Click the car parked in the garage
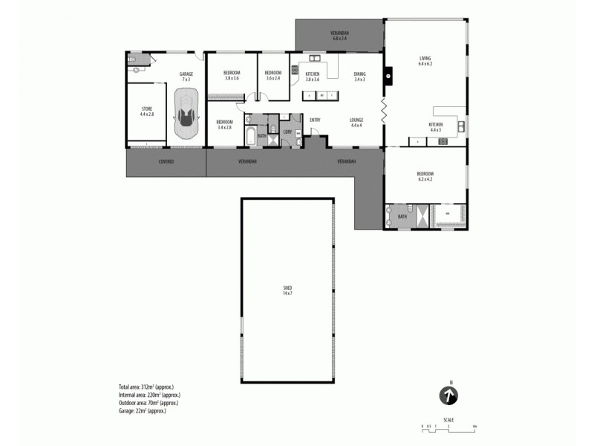[x=186, y=114]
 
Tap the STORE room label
[x=147, y=111]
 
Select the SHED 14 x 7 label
[x=287, y=290]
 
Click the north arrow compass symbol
[x=448, y=395]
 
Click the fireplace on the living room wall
[x=388, y=74]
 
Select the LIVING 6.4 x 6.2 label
[x=425, y=61]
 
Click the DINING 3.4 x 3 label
[x=359, y=76]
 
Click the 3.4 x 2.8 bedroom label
[x=224, y=124]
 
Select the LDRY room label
[x=287, y=132]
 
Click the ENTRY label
[x=315, y=120]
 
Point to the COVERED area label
[x=166, y=161]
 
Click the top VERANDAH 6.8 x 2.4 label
[x=339, y=35]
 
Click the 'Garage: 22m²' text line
[x=142, y=410]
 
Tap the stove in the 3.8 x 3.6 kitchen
[x=296, y=72]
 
